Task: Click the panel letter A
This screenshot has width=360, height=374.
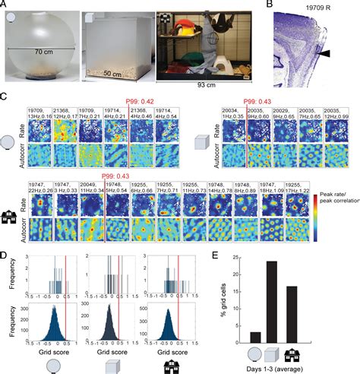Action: click(5, 5)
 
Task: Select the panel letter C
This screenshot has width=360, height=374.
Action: click(5, 100)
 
